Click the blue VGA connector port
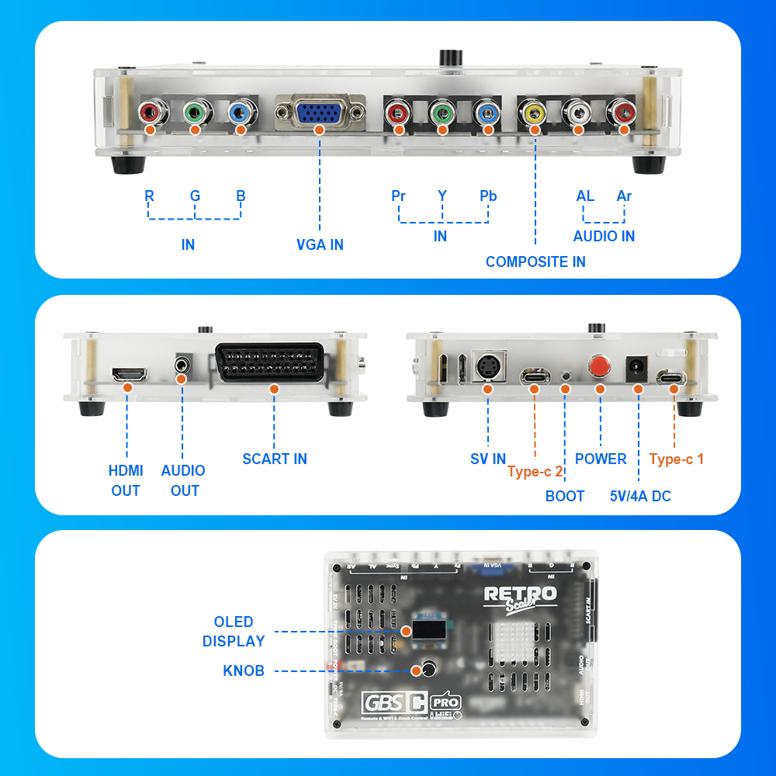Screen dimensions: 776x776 (320, 115)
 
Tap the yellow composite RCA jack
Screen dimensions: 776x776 (534, 114)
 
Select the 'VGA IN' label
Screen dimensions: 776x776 (320, 244)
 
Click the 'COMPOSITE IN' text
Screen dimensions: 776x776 (535, 262)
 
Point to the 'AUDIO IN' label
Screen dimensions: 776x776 (604, 236)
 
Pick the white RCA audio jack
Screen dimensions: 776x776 (578, 114)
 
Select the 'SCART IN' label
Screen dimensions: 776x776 (275, 459)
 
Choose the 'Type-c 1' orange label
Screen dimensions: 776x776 (677, 459)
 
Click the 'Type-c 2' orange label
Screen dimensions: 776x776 (535, 471)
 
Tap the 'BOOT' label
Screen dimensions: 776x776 (564, 496)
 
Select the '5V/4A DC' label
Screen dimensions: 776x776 (640, 496)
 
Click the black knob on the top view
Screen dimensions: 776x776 (427, 669)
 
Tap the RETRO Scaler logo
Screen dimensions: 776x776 (520, 597)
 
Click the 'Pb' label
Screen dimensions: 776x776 (487, 196)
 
